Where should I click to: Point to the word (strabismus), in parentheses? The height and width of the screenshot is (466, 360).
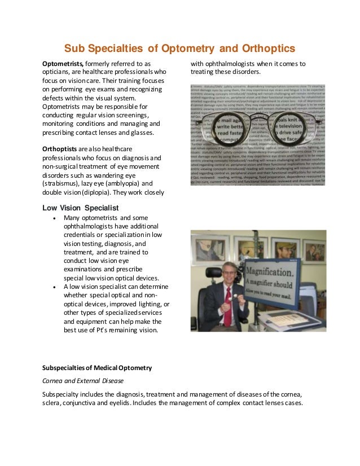click(x=63, y=183)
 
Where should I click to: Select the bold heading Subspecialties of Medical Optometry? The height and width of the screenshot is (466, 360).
click(x=97, y=368)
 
